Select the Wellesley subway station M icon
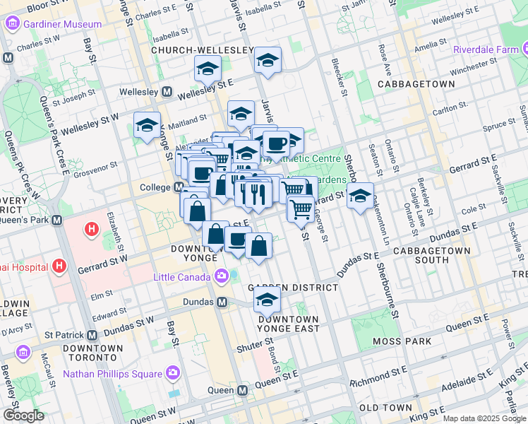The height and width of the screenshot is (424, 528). tap(167, 92)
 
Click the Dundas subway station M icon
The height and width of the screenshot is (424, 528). tap(222, 302)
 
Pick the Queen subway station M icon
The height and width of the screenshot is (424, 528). tap(242, 390)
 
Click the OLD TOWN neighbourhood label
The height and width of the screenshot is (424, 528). tap(385, 408)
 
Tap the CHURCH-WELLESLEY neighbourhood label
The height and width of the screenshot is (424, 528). tap(202, 51)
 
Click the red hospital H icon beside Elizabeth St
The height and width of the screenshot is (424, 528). tap(90, 229)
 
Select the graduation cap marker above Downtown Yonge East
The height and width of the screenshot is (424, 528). tap(267, 301)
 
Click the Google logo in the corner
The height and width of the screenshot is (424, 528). tap(23, 416)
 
